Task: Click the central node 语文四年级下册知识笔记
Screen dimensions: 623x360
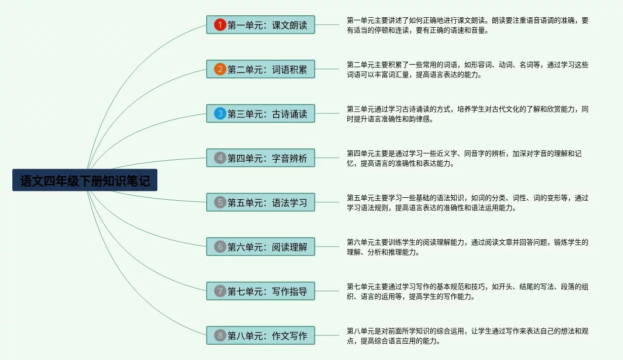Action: tap(85, 180)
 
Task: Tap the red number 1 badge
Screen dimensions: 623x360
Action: tap(220, 25)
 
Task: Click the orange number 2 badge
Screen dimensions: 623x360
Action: tap(220, 69)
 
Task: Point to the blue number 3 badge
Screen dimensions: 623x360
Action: tap(220, 113)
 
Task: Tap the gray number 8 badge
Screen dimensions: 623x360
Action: tap(220, 335)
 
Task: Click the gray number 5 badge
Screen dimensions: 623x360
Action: tap(220, 202)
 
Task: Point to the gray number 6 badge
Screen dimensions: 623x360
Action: tap(220, 247)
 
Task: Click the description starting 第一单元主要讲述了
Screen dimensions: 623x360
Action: tap(467, 25)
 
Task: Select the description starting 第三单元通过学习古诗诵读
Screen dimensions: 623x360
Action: tap(467, 114)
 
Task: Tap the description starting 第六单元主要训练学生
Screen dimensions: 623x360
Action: tap(467, 247)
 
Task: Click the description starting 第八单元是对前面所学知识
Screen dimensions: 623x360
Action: tap(467, 336)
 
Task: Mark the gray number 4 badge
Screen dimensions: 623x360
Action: tap(220, 158)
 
